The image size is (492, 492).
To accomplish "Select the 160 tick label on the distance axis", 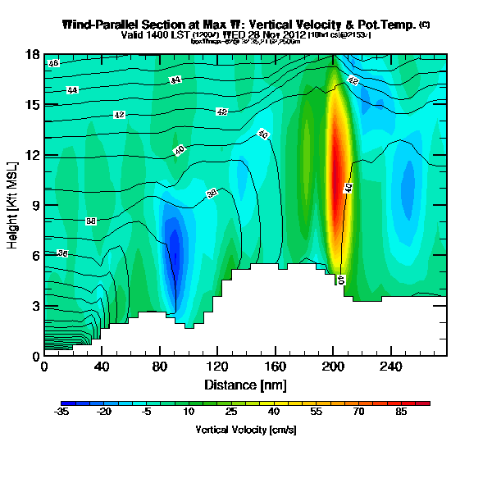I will tap(276, 366).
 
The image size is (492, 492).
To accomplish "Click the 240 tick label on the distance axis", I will tap(390, 366).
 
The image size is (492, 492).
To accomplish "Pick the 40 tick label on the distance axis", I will tap(102, 366).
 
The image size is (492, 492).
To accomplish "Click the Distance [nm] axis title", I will tap(245, 385).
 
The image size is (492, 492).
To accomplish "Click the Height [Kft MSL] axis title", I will tap(13, 205).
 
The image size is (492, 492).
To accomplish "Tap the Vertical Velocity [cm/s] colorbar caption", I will tap(245, 430).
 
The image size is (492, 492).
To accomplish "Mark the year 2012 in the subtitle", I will tap(292, 34).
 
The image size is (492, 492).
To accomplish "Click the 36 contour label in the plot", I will tap(62, 254).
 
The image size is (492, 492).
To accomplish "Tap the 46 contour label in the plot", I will tap(53, 63).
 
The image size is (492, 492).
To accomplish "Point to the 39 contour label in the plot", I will tap(211, 194).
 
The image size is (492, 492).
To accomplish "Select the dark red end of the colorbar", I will tap(424, 403).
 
